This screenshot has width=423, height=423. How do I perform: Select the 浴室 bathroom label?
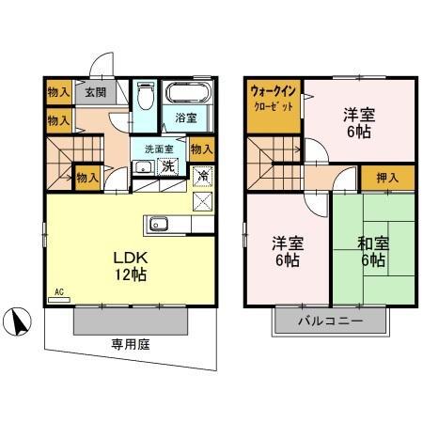coord(185,118)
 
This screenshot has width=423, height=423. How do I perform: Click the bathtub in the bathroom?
coord(192,95)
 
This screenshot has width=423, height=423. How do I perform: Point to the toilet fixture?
coord(145,97)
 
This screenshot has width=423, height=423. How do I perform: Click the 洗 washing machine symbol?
coord(168,167)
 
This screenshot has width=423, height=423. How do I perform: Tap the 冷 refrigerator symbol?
coord(202,174)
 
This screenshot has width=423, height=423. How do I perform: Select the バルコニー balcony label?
coord(331,321)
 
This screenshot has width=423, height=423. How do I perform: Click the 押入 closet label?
coord(387,177)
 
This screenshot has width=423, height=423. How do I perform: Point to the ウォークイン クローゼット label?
coord(274,99)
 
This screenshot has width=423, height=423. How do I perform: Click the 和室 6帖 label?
coord(372,250)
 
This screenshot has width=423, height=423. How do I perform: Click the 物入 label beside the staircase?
coord(87,176)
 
